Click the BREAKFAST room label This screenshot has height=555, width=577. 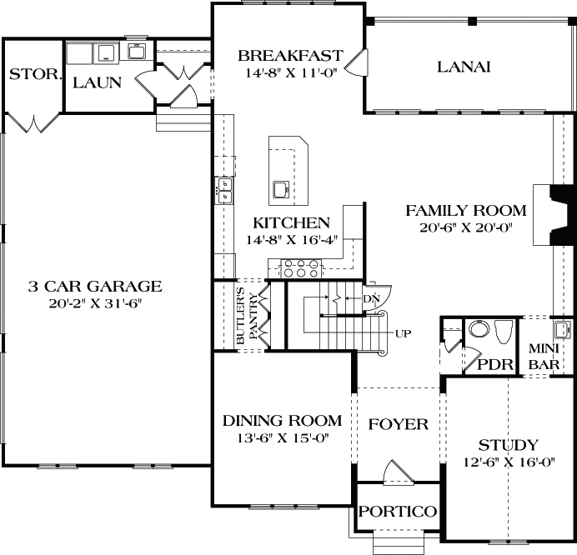pyautogui.click(x=289, y=56)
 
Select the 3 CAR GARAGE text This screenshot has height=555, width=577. pyautogui.click(x=94, y=287)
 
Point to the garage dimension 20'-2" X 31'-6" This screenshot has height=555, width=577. pyautogui.click(x=96, y=303)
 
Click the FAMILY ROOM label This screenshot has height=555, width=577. pyautogui.click(x=465, y=210)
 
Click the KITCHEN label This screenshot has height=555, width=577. pyautogui.click(x=291, y=223)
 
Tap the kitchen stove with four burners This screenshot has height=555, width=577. pyautogui.click(x=303, y=267)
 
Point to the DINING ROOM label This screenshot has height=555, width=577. pyautogui.click(x=283, y=421)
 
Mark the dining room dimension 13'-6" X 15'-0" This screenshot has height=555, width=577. pyautogui.click(x=283, y=437)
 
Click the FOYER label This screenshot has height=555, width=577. pyautogui.click(x=398, y=424)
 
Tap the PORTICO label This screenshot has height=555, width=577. pyautogui.click(x=398, y=511)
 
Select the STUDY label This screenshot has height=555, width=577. pyautogui.click(x=507, y=444)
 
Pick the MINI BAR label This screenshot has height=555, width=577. pyautogui.click(x=548, y=356)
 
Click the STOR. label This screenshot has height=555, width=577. pyautogui.click(x=35, y=75)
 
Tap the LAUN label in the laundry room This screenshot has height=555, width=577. pyautogui.click(x=97, y=82)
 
